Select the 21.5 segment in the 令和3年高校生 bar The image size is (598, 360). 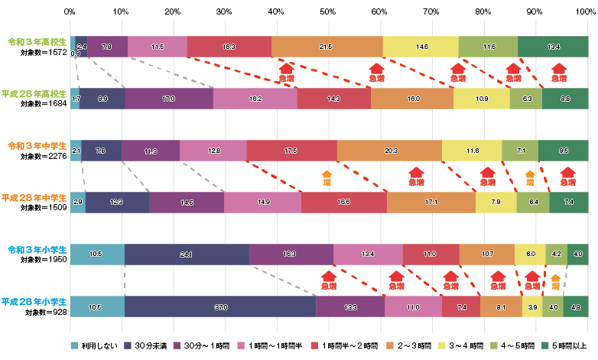click(327, 47)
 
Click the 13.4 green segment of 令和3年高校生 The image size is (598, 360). click(554, 47)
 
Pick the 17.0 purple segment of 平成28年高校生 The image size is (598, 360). click(169, 99)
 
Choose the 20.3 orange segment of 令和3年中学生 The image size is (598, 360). click(389, 151)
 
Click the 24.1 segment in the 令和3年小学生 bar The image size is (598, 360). click(187, 254)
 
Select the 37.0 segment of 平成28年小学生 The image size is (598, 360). click(220, 306)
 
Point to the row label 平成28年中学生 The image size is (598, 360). click(31, 197)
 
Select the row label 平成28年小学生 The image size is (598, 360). click(31, 300)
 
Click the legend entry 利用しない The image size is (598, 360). click(99, 346)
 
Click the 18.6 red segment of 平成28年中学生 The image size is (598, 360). click(343, 203)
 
